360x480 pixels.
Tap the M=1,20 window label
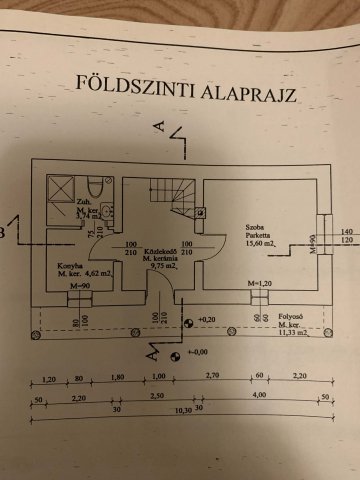(x=259, y=286)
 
